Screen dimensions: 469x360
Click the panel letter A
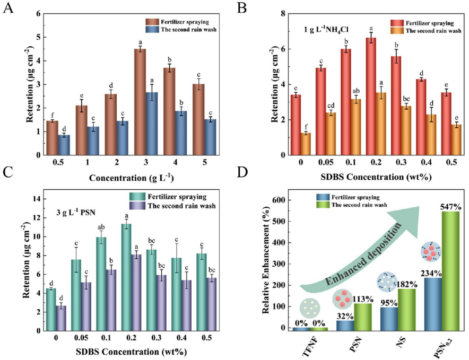pyautogui.click(x=8, y=8)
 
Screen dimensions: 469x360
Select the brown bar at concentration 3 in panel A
pyautogui.click(x=140, y=102)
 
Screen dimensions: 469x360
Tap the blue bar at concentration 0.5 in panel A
pyautogui.click(x=64, y=145)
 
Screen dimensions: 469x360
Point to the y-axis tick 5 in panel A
pyautogui.click(x=39, y=37)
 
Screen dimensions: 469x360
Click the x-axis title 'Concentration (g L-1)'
pyautogui.click(x=131, y=178)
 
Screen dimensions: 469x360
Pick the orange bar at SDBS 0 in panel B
pyautogui.click(x=306, y=144)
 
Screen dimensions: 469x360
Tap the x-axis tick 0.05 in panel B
pyautogui.click(x=326, y=162)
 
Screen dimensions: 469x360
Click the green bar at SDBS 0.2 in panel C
pyautogui.click(x=126, y=277)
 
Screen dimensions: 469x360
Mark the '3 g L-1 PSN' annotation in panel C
pyautogui.click(x=76, y=213)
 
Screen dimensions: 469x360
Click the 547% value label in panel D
pyautogui.click(x=450, y=207)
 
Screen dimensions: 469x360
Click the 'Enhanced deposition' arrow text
pyautogui.click(x=363, y=254)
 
